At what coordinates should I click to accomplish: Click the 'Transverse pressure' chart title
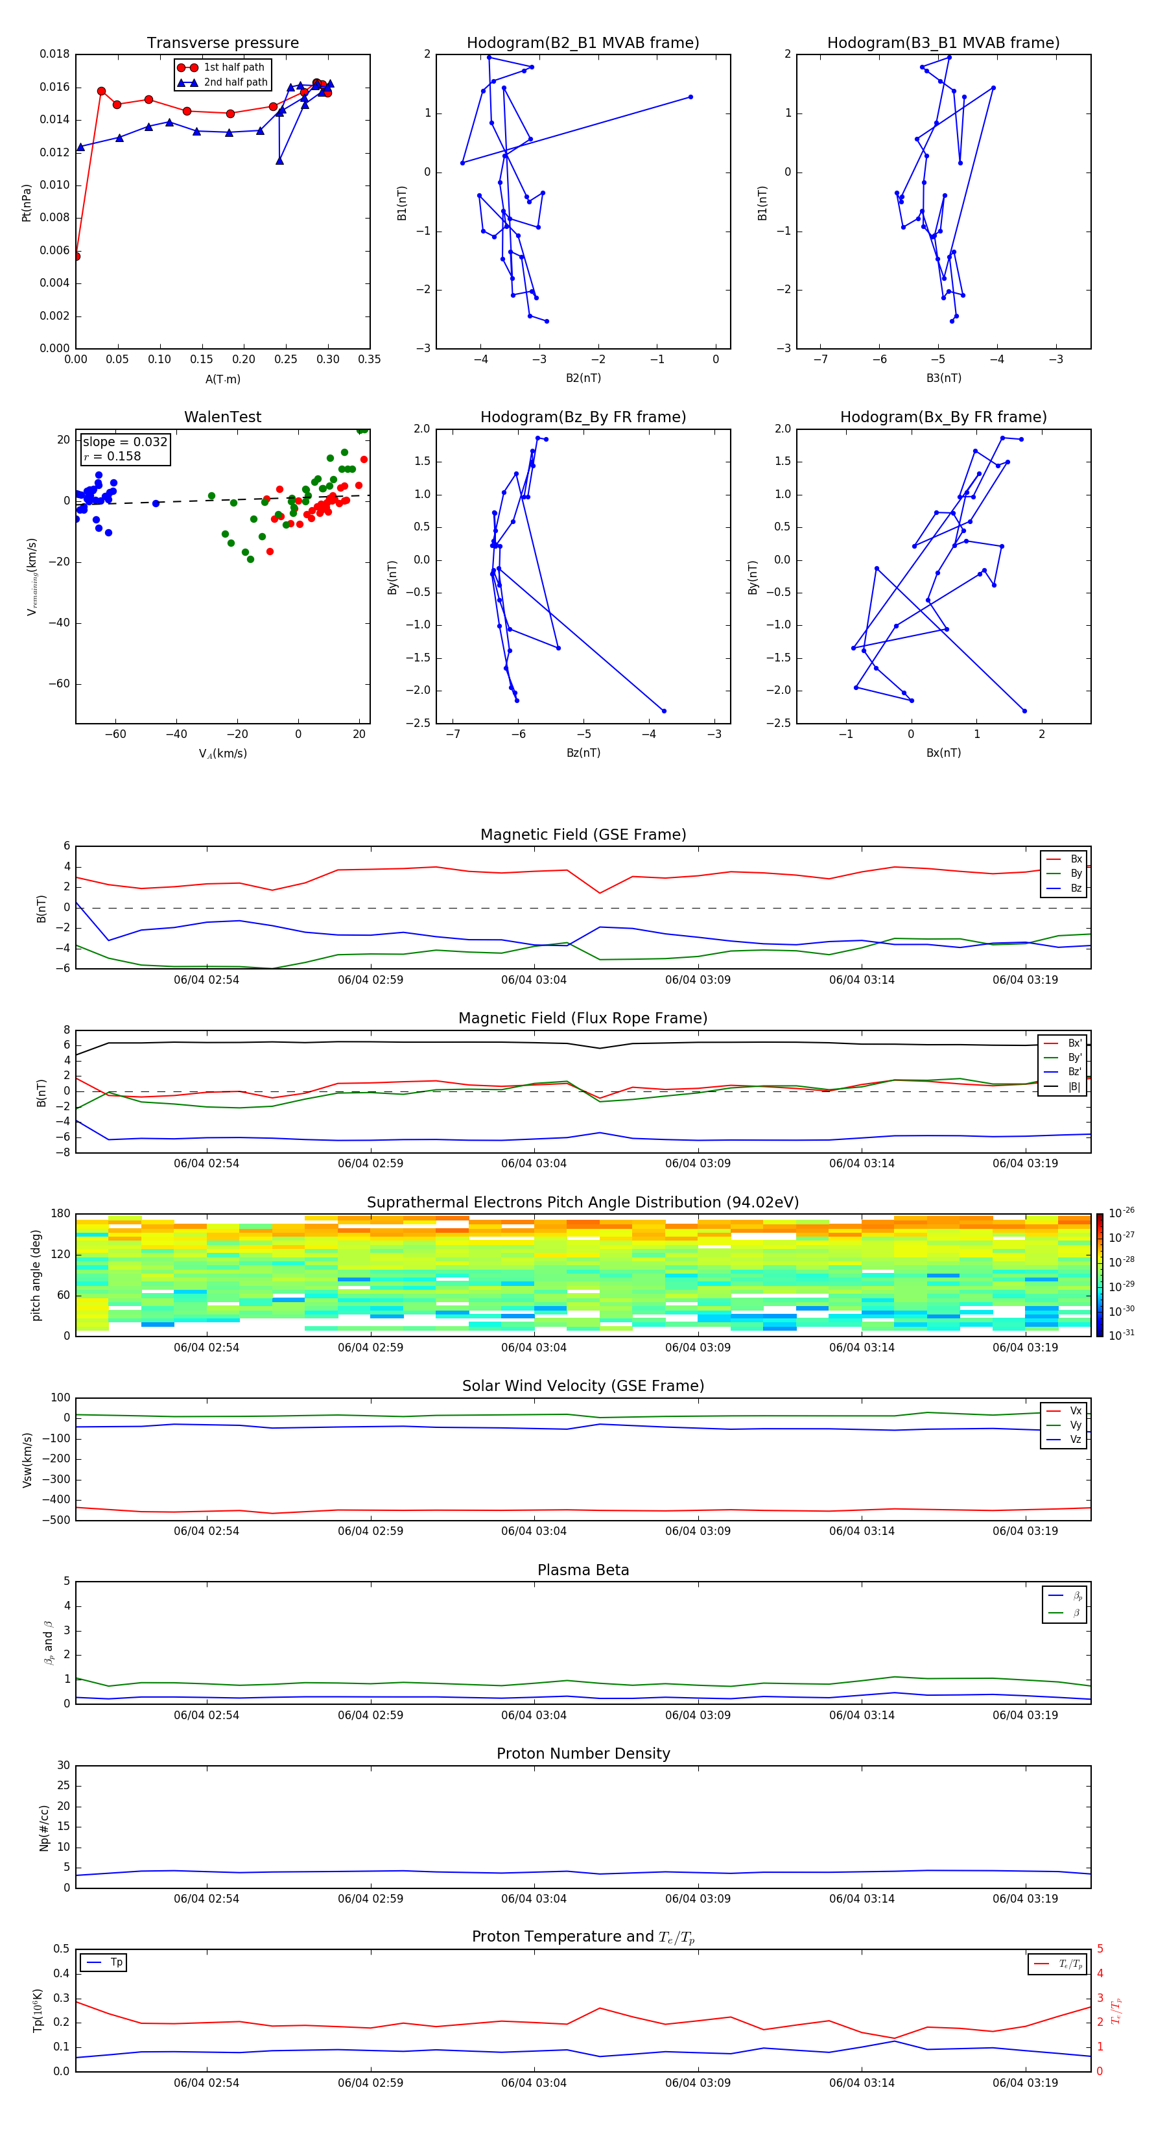222,43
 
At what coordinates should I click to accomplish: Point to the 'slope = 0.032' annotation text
124,442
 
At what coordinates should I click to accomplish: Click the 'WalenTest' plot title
222,417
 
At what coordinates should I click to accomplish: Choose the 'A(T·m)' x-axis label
222,379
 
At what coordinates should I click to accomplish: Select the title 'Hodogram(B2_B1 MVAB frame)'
582,43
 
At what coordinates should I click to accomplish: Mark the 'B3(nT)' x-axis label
943,378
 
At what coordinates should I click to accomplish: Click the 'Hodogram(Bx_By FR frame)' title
943,417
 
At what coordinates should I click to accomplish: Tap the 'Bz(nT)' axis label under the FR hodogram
583,753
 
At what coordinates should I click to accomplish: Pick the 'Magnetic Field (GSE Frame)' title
583,835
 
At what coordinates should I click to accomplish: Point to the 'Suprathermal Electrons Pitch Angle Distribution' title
583,1202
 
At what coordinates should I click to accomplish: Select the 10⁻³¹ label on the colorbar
1120,1334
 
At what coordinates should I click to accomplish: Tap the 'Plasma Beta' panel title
583,1570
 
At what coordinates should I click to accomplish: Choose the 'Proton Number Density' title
583,1754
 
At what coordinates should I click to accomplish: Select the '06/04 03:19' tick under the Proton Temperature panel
1025,2083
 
